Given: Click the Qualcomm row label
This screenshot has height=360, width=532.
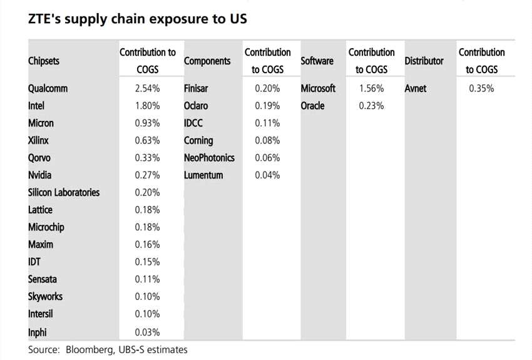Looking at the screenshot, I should click(x=48, y=88).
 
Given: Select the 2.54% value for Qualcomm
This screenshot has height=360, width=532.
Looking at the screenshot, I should click(x=147, y=88).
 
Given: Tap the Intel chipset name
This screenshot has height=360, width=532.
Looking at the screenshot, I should click(x=36, y=106).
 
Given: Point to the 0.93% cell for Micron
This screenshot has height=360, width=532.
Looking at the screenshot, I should click(x=147, y=123).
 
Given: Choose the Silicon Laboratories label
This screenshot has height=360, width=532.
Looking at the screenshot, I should click(x=64, y=192).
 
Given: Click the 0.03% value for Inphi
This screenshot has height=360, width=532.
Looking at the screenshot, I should click(x=147, y=332).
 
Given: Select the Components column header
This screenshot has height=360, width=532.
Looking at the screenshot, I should click(x=207, y=61).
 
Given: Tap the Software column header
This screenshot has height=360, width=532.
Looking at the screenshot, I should click(x=317, y=61).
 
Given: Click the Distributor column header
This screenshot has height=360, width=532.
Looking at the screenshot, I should click(x=424, y=61).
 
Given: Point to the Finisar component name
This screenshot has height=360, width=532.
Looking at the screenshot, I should click(x=196, y=88).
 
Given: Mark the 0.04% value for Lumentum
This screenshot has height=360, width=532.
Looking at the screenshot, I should click(x=267, y=175).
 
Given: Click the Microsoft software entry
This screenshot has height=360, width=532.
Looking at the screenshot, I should click(x=318, y=88).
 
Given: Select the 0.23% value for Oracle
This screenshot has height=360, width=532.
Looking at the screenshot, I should click(x=371, y=106).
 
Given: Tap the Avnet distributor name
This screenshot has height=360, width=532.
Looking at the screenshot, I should click(x=416, y=88).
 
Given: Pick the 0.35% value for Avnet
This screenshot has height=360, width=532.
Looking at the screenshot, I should click(x=481, y=88).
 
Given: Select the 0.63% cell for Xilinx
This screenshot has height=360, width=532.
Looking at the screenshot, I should click(x=147, y=140).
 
